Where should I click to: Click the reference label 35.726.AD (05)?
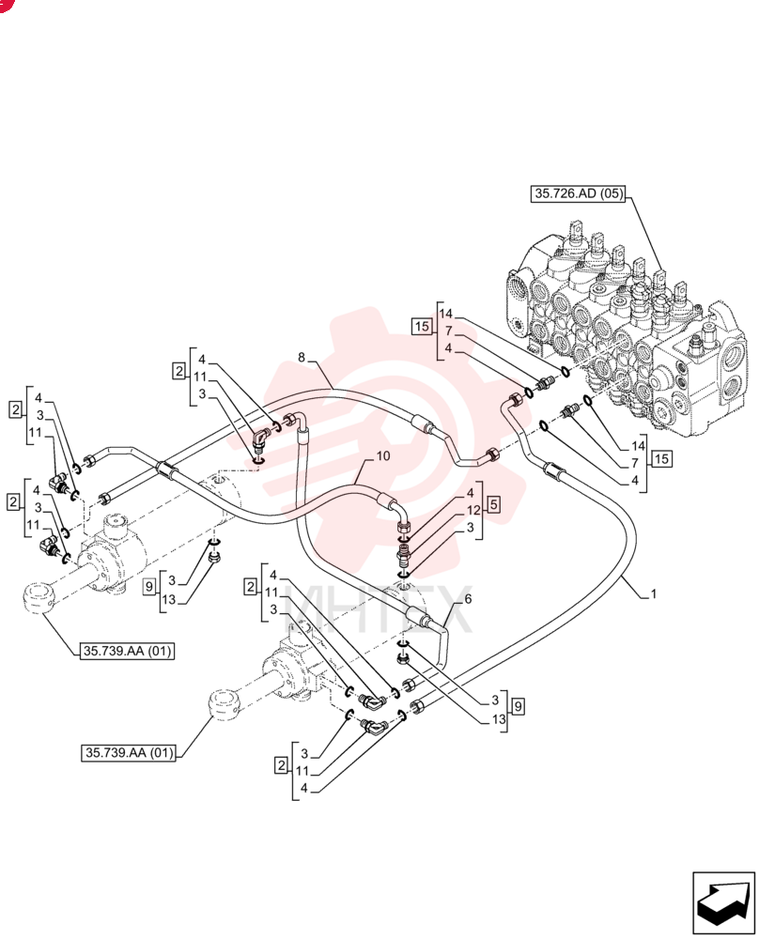(578, 193)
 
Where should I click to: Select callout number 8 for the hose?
(302, 358)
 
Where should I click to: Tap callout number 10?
(383, 455)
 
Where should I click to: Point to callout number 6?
(468, 599)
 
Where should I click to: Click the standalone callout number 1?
(654, 593)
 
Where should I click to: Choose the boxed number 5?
(493, 504)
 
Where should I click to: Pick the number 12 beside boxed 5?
(473, 510)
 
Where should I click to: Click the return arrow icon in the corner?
(723, 903)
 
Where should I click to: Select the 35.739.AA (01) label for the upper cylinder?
(127, 651)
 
